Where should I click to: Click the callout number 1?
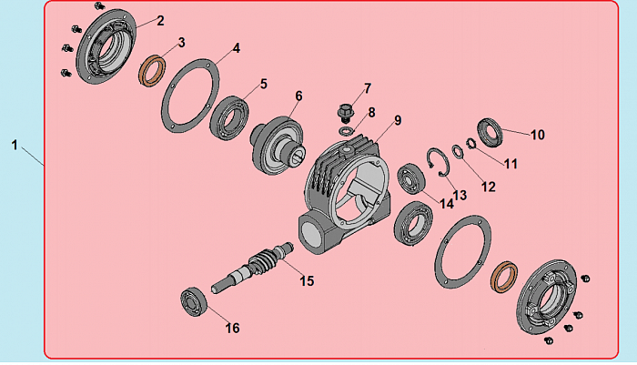(x=15, y=145)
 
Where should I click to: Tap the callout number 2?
(x=160, y=21)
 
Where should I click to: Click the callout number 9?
(x=398, y=120)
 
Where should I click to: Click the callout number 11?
(x=511, y=164)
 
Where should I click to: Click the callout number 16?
(x=232, y=328)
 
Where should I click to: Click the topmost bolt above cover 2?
(x=99, y=5)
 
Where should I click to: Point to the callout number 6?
(x=299, y=96)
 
